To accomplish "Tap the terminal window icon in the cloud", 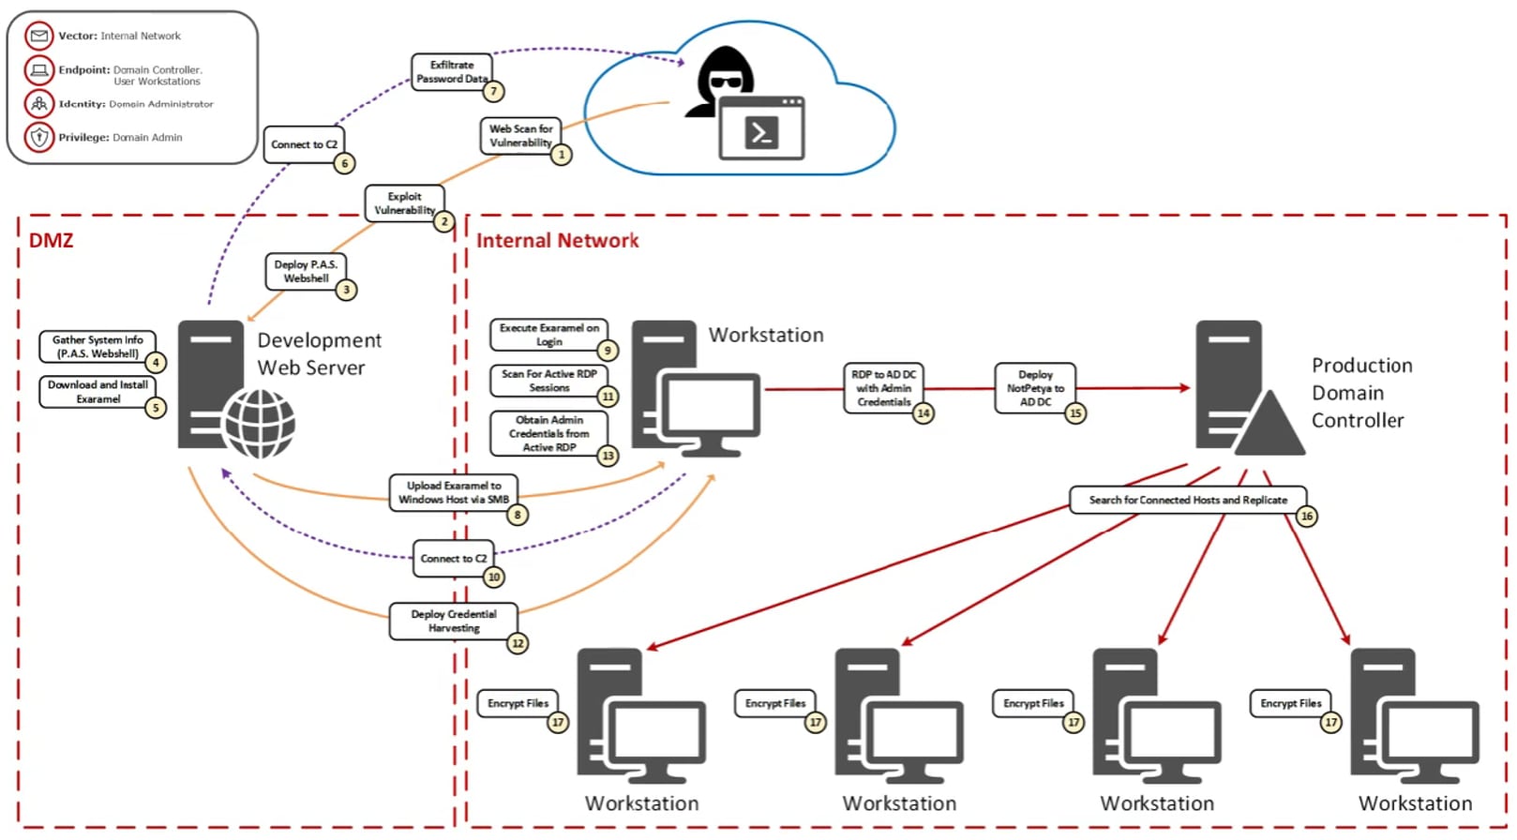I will point(761,127).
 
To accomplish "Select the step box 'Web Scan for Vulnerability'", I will point(520,135).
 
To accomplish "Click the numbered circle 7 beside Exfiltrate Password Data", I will point(494,91).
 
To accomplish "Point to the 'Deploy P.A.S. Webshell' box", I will point(306,271).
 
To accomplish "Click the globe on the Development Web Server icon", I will point(260,425).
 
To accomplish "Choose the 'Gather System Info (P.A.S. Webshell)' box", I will point(98,347).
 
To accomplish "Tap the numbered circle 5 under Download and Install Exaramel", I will point(156,408).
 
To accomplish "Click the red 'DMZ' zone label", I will point(51,240).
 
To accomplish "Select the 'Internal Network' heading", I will point(557,241).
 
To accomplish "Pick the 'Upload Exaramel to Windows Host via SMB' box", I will point(453,492).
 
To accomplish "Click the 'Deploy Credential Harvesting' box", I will point(453,621).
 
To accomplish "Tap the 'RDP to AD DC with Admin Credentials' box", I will point(882,388).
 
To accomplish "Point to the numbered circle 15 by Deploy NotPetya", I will point(1075,413).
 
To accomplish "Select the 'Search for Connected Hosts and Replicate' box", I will point(1187,500).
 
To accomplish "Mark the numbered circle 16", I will point(1307,516).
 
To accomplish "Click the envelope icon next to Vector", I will point(39,37).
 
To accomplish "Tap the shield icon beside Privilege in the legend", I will point(39,137).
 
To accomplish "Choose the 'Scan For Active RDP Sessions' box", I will point(548,380).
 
